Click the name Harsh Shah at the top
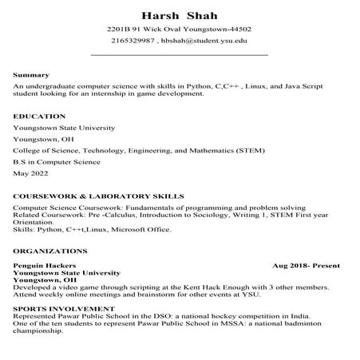180,15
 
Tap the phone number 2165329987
133,41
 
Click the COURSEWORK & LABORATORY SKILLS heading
99,196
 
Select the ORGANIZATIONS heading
45,251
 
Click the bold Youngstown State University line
65,273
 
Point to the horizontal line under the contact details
180,55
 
